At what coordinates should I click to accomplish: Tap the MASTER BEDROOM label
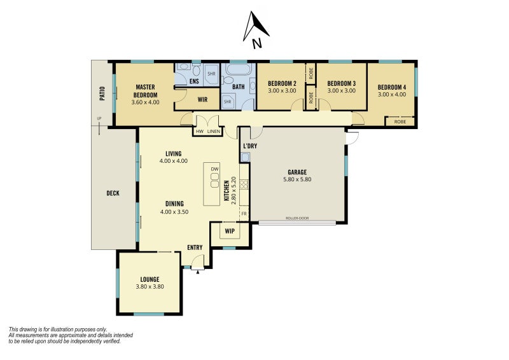pos(146,91)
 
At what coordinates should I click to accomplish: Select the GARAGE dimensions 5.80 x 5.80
pos(297,179)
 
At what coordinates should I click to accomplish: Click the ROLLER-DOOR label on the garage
pos(297,218)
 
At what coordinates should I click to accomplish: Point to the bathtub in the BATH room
pos(238,69)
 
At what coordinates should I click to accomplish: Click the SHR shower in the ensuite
pos(211,74)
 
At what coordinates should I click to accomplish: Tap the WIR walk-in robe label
pos(202,100)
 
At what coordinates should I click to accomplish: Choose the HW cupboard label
pos(199,132)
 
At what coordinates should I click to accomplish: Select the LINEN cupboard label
pos(214,132)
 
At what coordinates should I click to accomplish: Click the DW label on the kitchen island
pos(214,169)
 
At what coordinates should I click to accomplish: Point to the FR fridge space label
pos(244,214)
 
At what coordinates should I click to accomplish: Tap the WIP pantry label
pos(230,231)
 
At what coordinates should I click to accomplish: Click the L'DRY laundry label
pos(250,146)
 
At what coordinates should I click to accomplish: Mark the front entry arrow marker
pos(198,272)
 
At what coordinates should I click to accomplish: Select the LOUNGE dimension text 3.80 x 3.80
pos(150,287)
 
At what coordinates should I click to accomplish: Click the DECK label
pos(113,193)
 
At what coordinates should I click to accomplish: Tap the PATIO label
pos(102,93)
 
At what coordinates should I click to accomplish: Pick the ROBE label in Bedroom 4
pos(400,121)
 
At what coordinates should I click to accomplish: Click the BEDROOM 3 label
pos(341,83)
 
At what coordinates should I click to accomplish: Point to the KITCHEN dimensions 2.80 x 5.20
pos(234,190)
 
